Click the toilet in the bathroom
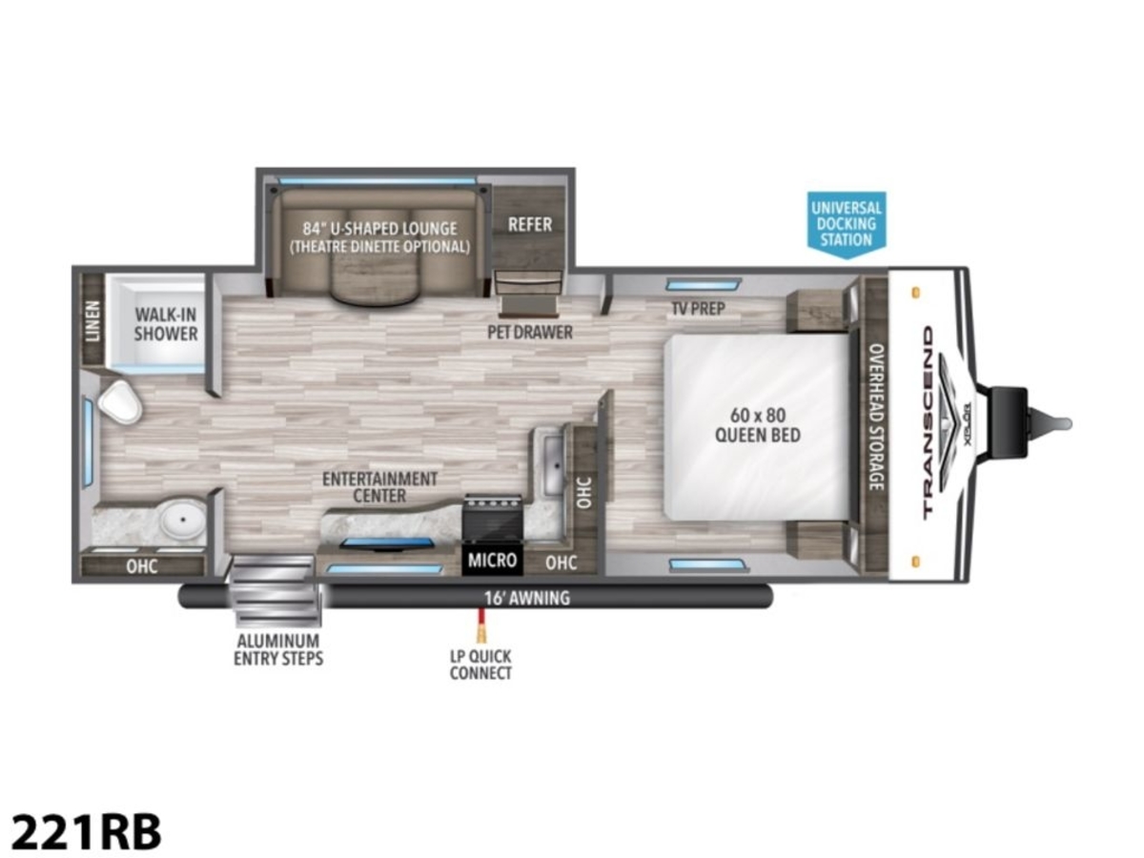pyautogui.click(x=120, y=401)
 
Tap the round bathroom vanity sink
pyautogui.click(x=182, y=520)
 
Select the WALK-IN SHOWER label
pyautogui.click(x=166, y=324)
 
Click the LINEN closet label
pyautogui.click(x=92, y=321)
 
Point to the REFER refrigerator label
pyautogui.click(x=529, y=225)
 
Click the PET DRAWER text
pyautogui.click(x=529, y=332)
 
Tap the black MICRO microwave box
pyautogui.click(x=492, y=560)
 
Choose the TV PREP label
pyautogui.click(x=698, y=308)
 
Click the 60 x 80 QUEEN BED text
pyautogui.click(x=757, y=425)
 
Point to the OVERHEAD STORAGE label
pyautogui.click(x=876, y=417)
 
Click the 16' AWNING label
pyautogui.click(x=527, y=598)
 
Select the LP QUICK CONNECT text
pyautogui.click(x=480, y=664)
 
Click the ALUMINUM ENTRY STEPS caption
pyautogui.click(x=278, y=649)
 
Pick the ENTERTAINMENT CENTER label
pyautogui.click(x=379, y=486)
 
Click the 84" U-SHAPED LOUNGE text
pyautogui.click(x=380, y=229)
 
